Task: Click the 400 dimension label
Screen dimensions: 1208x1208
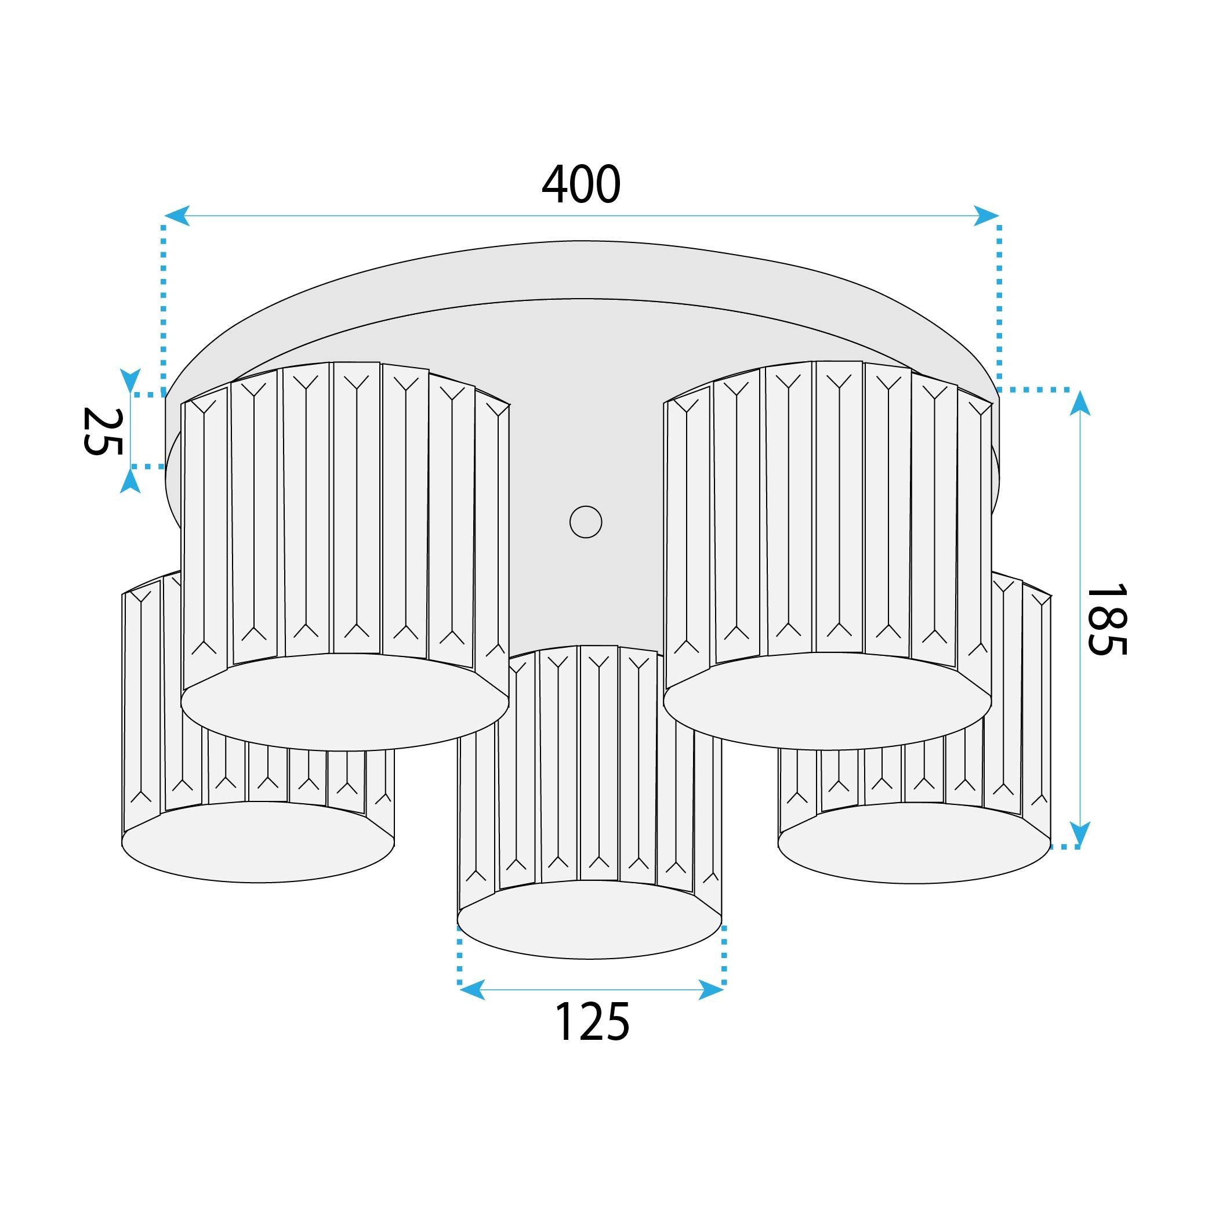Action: (581, 184)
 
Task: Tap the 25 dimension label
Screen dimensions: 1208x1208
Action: (103, 431)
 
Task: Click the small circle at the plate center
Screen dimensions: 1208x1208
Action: (586, 522)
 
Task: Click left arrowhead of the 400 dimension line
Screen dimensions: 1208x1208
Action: (177, 216)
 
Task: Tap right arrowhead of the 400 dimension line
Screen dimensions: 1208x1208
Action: (986, 216)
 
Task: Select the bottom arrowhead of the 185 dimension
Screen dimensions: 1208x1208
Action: (1080, 833)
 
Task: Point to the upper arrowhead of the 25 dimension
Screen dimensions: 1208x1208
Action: (130, 381)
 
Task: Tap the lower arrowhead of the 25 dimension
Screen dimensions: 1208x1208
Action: (130, 480)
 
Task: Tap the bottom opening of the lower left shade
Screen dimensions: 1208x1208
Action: (257, 842)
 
